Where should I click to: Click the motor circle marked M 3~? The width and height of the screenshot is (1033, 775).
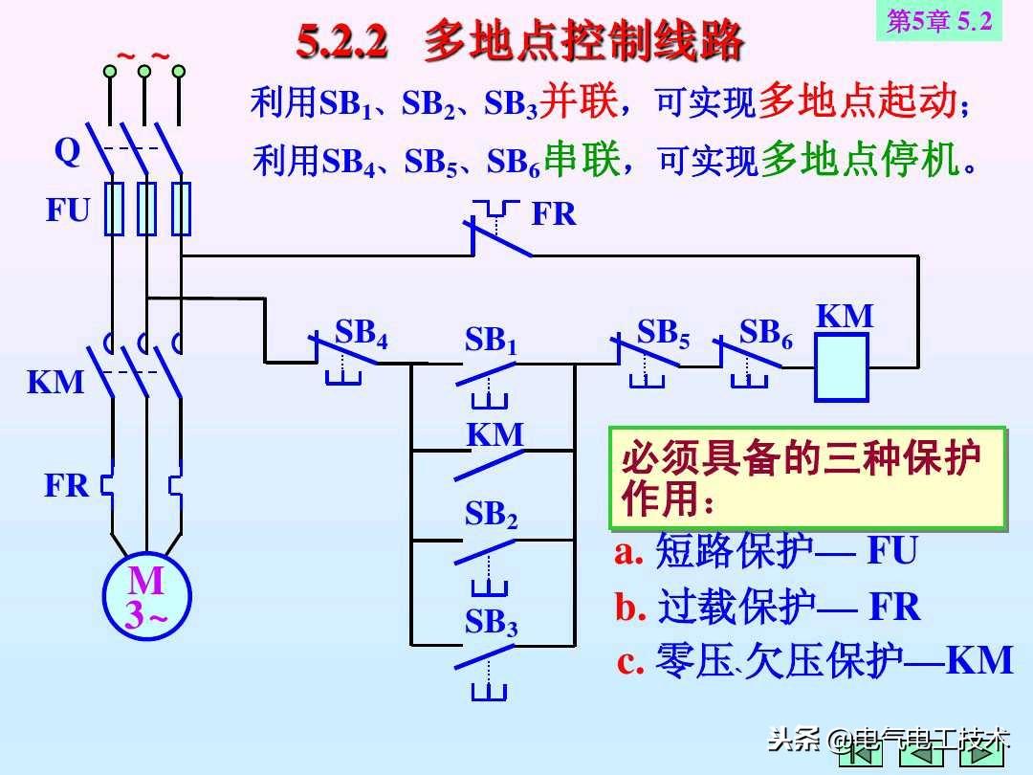[x=147, y=597]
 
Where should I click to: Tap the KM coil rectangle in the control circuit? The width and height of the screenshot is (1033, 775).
[x=842, y=367]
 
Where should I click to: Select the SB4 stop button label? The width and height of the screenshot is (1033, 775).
[x=361, y=333]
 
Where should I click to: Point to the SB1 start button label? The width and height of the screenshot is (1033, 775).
[x=491, y=341]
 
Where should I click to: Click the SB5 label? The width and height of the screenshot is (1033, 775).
[x=664, y=334]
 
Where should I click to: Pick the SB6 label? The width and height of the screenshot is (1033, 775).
[x=765, y=333]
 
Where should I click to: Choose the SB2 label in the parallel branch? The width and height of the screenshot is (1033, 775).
[x=491, y=514]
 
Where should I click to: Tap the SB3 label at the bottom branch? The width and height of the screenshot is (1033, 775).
[x=491, y=622]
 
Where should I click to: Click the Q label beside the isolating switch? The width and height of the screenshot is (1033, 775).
[x=67, y=152]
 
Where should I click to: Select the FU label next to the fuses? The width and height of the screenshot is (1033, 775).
[x=67, y=210]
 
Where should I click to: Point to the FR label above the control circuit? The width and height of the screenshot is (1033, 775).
[x=554, y=214]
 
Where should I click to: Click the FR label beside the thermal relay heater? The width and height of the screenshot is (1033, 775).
[x=66, y=486]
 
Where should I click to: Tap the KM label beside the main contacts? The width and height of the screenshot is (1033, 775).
[x=55, y=382]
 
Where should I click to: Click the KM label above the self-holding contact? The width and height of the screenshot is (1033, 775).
[x=495, y=435]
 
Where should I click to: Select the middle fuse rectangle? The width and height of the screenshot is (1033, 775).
[x=146, y=209]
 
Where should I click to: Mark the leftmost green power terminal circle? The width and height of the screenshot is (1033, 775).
[x=110, y=71]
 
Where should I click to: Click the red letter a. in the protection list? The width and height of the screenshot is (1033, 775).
[x=628, y=552]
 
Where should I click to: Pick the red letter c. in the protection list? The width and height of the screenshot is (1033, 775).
[x=629, y=662]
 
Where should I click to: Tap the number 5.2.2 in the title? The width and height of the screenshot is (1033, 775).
[x=341, y=41]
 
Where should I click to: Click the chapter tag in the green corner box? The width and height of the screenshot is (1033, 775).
[x=939, y=21]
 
